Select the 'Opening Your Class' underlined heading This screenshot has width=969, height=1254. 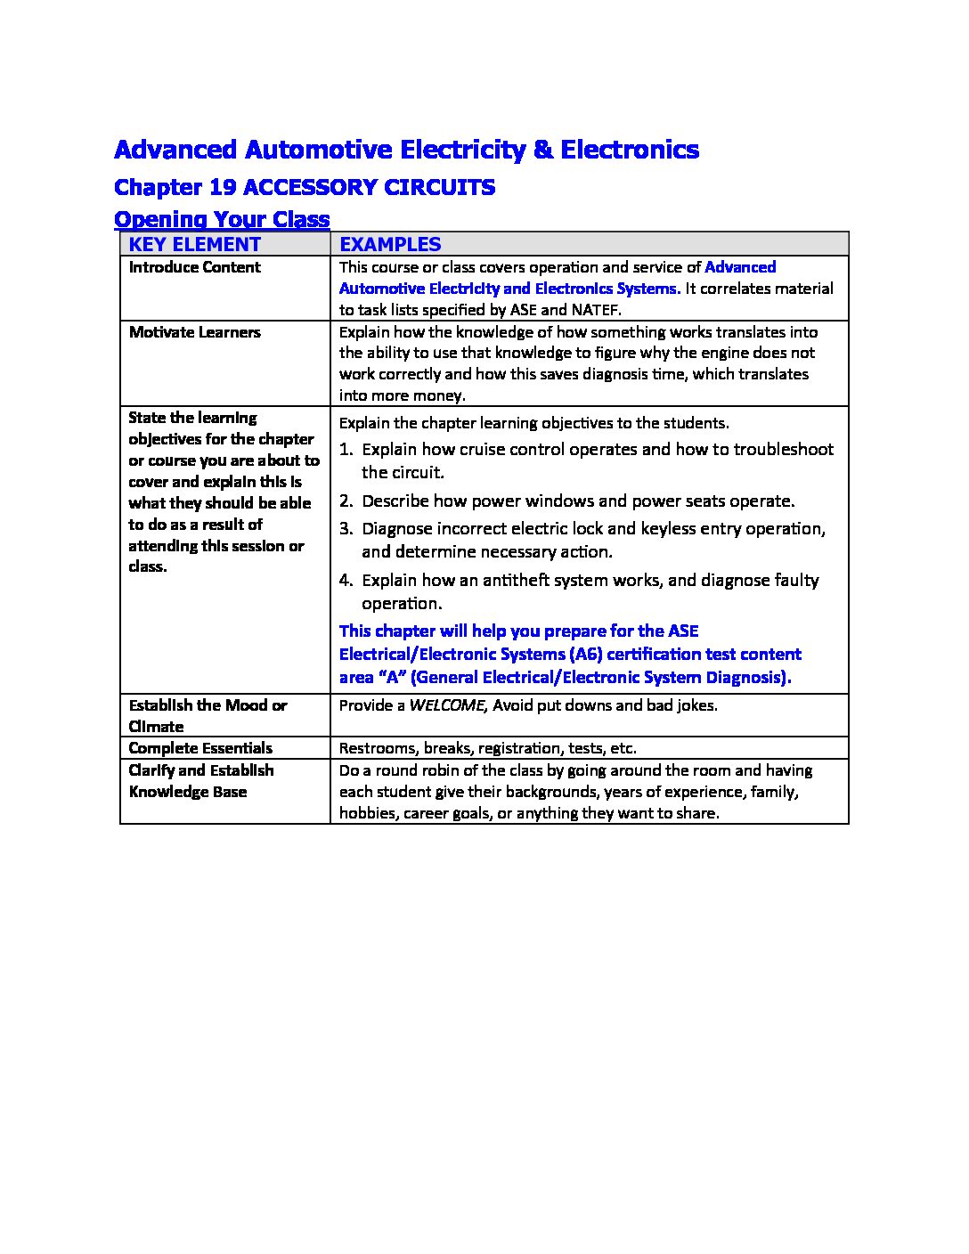coord(222,219)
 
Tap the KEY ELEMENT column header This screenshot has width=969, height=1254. coord(194,244)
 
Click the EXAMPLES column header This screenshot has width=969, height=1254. coord(390,244)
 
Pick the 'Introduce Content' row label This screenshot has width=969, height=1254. coord(194,267)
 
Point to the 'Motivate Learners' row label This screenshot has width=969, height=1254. coord(194,332)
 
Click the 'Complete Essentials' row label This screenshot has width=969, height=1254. coord(200,748)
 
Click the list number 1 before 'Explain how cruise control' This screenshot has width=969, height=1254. coord(345,450)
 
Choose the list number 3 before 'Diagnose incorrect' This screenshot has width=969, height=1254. coord(345,529)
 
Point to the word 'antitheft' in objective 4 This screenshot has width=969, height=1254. coord(517,581)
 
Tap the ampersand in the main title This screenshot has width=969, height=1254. coord(543,150)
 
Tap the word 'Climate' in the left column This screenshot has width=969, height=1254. coord(156,727)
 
